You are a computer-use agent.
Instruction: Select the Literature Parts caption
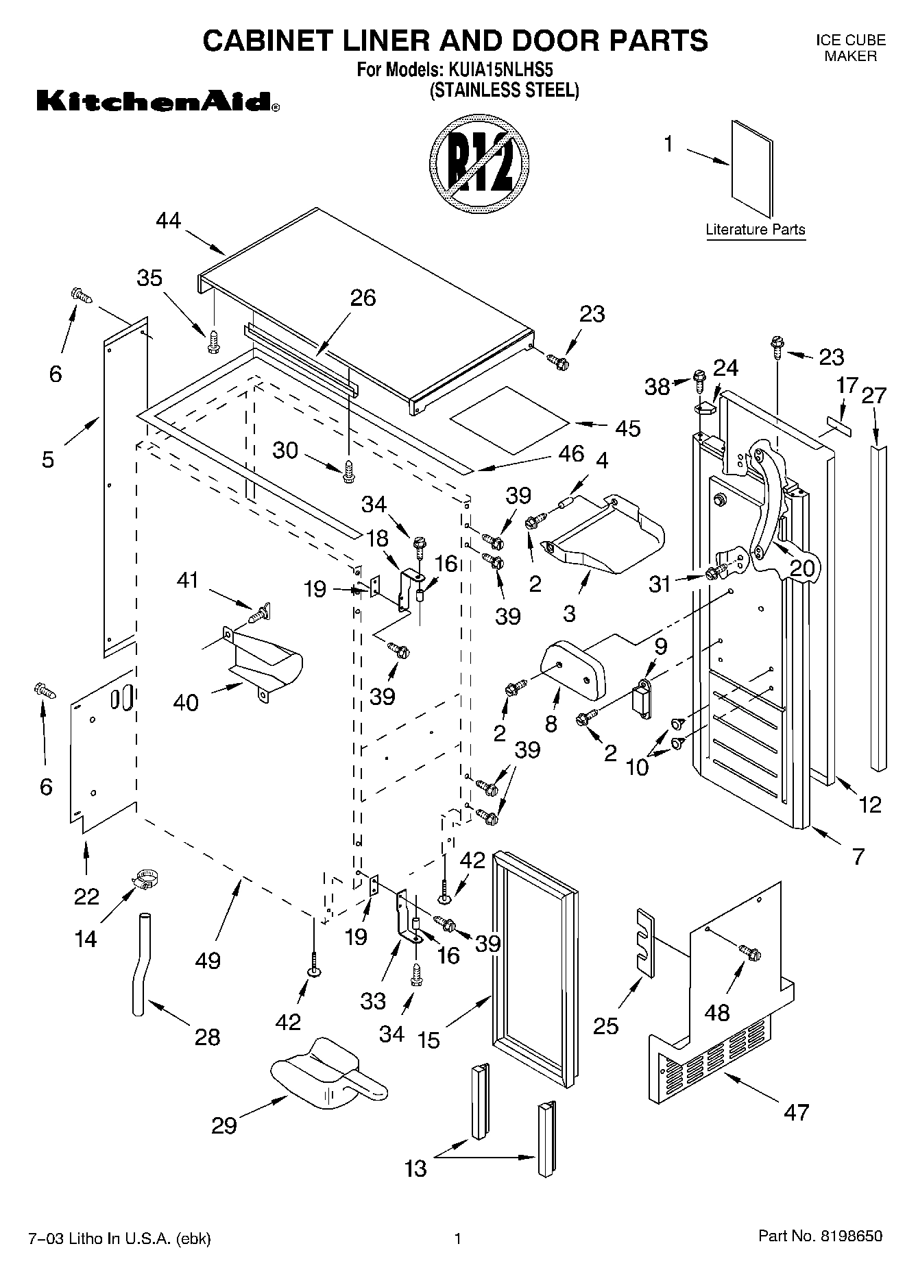point(756,230)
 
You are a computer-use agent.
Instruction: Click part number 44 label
point(168,222)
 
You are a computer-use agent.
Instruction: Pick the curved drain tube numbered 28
point(140,966)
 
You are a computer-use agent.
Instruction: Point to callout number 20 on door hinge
point(803,568)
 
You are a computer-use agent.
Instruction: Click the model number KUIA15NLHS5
point(500,70)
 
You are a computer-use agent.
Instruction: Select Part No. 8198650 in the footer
point(820,1236)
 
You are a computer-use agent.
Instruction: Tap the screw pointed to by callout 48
point(749,953)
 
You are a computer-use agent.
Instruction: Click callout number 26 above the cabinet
point(363,298)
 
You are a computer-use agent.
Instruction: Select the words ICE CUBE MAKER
point(850,48)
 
